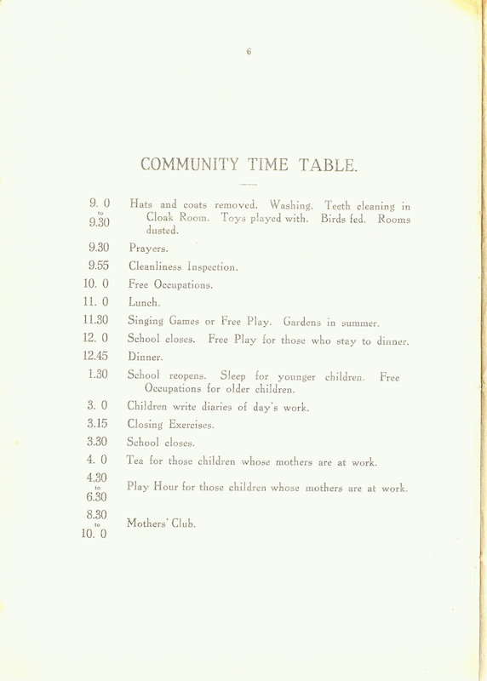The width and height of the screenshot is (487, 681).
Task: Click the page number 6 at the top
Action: coord(248,51)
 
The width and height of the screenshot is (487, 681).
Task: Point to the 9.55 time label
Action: coord(100,266)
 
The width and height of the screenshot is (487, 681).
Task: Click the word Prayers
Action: coord(149,249)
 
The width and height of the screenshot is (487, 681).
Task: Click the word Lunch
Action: coord(143,301)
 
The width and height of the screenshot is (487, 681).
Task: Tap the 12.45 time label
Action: coord(100,357)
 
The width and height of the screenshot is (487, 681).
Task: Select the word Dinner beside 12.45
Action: coord(146,358)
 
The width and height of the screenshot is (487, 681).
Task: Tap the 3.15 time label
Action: coord(100,422)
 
